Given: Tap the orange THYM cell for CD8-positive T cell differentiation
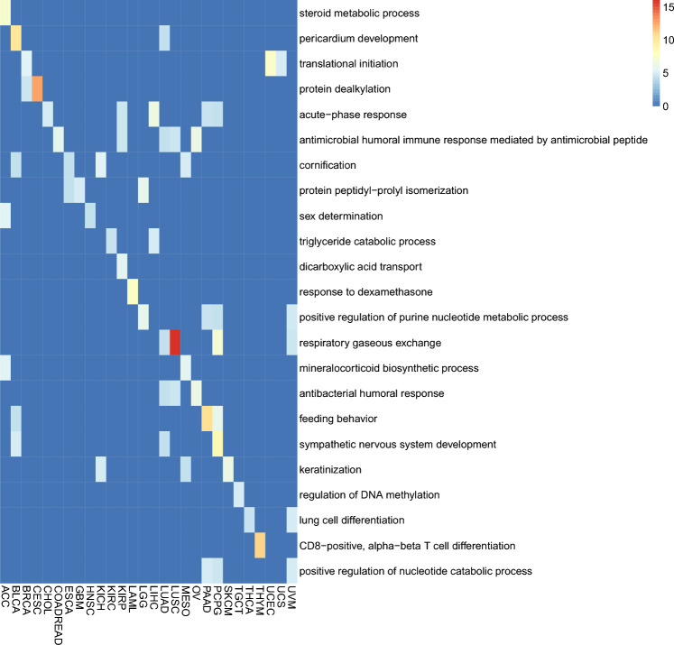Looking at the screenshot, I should click(x=259, y=545).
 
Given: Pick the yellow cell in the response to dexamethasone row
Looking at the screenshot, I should click(x=132, y=292).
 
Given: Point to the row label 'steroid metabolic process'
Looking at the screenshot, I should click(x=360, y=14).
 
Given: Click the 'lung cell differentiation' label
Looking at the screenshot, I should click(x=355, y=520).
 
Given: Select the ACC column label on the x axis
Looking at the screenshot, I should click(x=5, y=595).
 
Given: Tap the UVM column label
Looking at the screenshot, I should click(x=291, y=596).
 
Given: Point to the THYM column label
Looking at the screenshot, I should click(x=259, y=598).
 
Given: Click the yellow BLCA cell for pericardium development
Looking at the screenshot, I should click(x=15, y=39).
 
